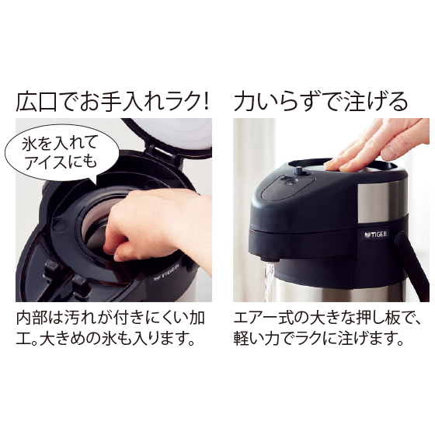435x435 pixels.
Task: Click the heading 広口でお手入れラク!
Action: tap(112, 101)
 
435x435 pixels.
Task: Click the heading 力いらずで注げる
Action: tap(321, 101)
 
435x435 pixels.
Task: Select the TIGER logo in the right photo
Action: tap(375, 235)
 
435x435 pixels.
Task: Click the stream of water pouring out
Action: tap(269, 282)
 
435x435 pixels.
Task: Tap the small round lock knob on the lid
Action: tap(300, 172)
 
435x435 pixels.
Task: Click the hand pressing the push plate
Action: tap(378, 146)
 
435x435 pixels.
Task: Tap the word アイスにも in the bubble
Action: tap(61, 162)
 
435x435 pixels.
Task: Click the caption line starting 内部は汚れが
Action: tap(110, 318)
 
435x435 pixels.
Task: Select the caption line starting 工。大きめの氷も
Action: tap(106, 339)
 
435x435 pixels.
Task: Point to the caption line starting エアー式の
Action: tap(328, 318)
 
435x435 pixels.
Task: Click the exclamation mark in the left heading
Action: tap(205, 101)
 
